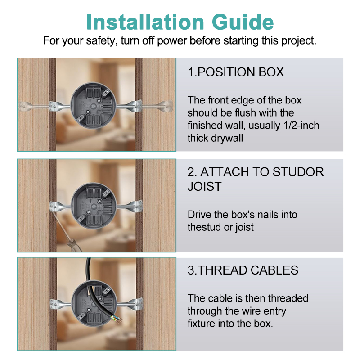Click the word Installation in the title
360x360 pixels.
[x=145, y=22]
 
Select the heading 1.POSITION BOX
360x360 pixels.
[x=236, y=72]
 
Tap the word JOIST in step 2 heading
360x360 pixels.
[x=205, y=186]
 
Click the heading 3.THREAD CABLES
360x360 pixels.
[x=243, y=270]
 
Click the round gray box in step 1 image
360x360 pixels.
[x=94, y=105]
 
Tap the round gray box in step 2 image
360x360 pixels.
[x=94, y=206]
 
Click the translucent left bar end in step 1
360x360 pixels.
[x=25, y=106]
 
